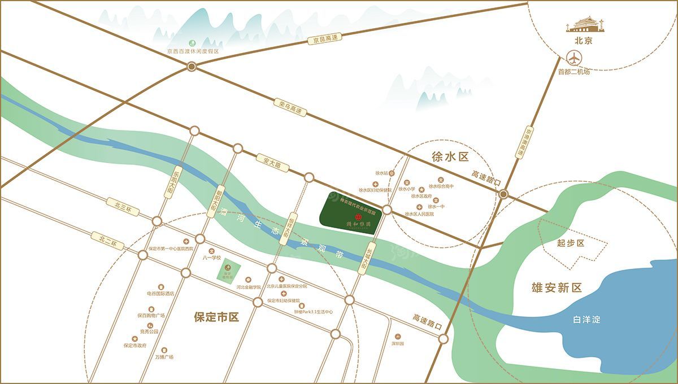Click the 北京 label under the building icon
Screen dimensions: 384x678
point(583,41)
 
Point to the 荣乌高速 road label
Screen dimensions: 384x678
point(292,108)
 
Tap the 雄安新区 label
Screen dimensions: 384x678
point(556,288)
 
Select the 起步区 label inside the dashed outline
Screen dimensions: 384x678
point(570,243)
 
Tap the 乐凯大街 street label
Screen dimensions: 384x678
point(168,181)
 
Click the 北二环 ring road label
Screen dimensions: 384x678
point(109,241)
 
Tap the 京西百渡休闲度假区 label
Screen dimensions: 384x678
point(192,51)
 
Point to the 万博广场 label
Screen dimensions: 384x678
point(164,357)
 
